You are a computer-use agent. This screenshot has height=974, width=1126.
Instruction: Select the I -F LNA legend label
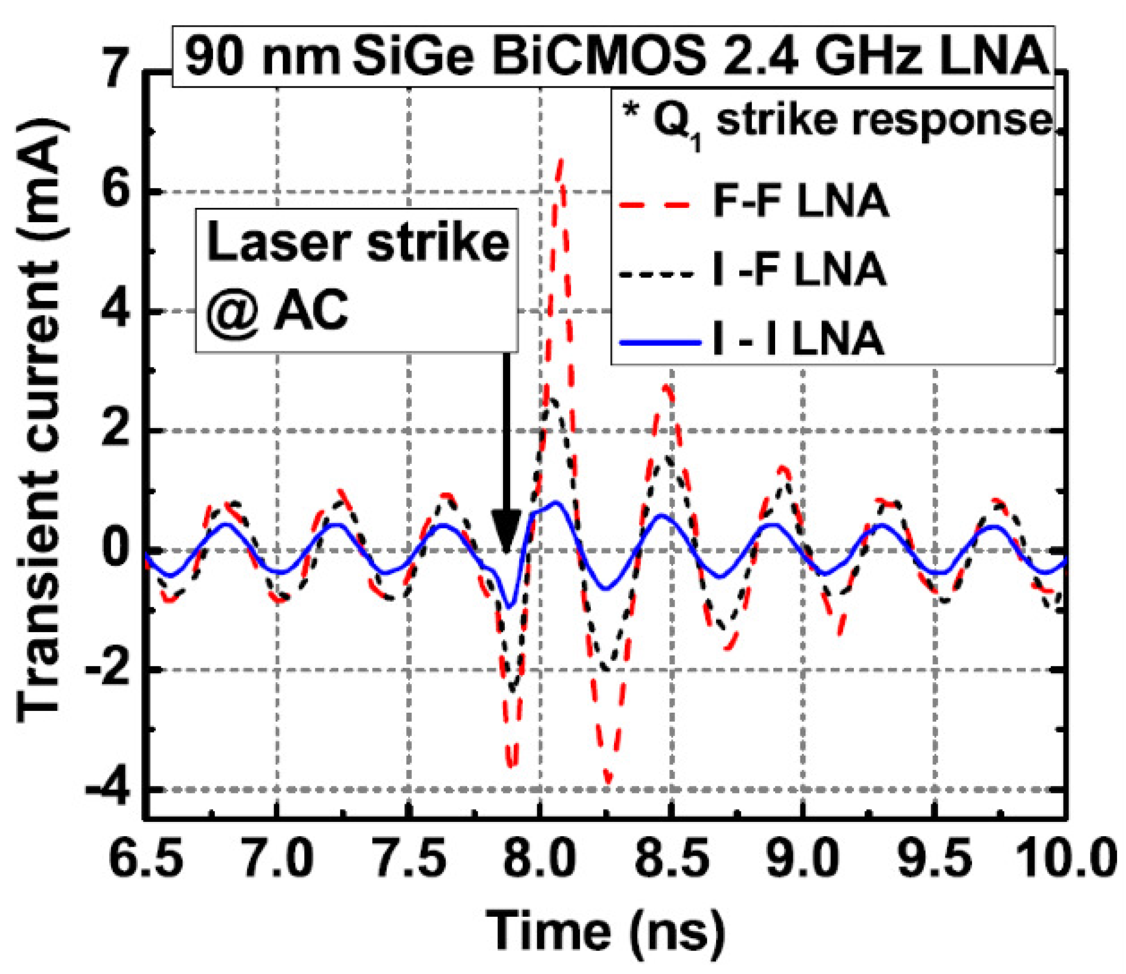coord(799,270)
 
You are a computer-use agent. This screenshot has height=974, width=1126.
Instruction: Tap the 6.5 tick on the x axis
coord(146,861)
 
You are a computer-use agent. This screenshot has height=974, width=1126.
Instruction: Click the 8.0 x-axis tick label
coord(540,861)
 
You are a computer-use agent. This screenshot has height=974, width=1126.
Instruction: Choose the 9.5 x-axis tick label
coord(933,861)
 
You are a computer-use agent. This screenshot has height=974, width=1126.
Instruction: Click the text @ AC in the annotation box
coord(277,311)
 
